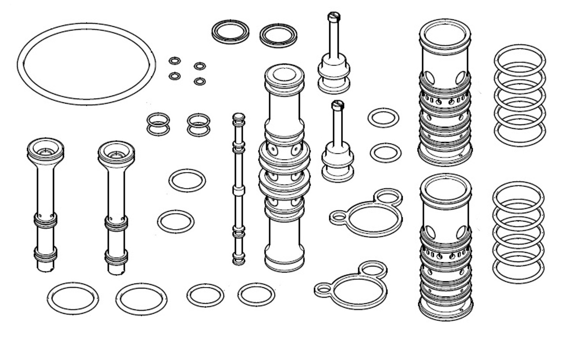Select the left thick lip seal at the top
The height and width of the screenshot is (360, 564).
tap(230, 32)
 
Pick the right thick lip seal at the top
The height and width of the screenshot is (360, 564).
tap(278, 35)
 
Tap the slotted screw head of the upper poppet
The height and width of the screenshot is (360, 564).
tap(334, 16)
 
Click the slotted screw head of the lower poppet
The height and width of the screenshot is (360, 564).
tap(338, 105)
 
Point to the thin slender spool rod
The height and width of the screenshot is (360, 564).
tap(238, 189)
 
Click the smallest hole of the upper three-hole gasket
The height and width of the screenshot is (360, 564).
tap(338, 217)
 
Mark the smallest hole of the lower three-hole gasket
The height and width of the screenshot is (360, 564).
tap(323, 289)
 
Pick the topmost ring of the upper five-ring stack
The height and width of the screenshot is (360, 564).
tap(519, 55)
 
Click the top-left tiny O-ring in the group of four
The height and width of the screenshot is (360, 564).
tap(174, 60)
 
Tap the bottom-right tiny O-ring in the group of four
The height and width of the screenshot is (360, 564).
tap(200, 81)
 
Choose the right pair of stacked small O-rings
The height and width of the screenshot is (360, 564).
tap(198, 125)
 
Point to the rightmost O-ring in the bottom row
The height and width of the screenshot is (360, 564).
tap(256, 294)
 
